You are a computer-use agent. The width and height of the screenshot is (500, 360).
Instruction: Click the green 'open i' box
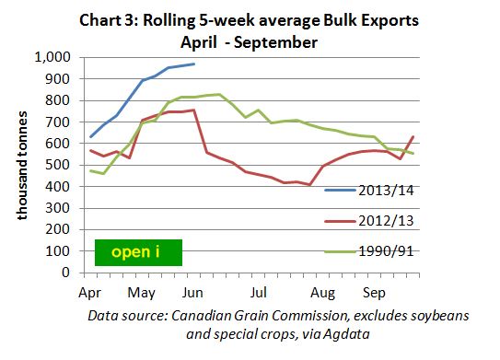[x=138, y=251]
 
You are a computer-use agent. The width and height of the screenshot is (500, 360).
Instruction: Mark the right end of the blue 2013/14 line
[x=193, y=64]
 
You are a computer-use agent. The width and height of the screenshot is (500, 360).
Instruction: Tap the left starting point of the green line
[x=90, y=170]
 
